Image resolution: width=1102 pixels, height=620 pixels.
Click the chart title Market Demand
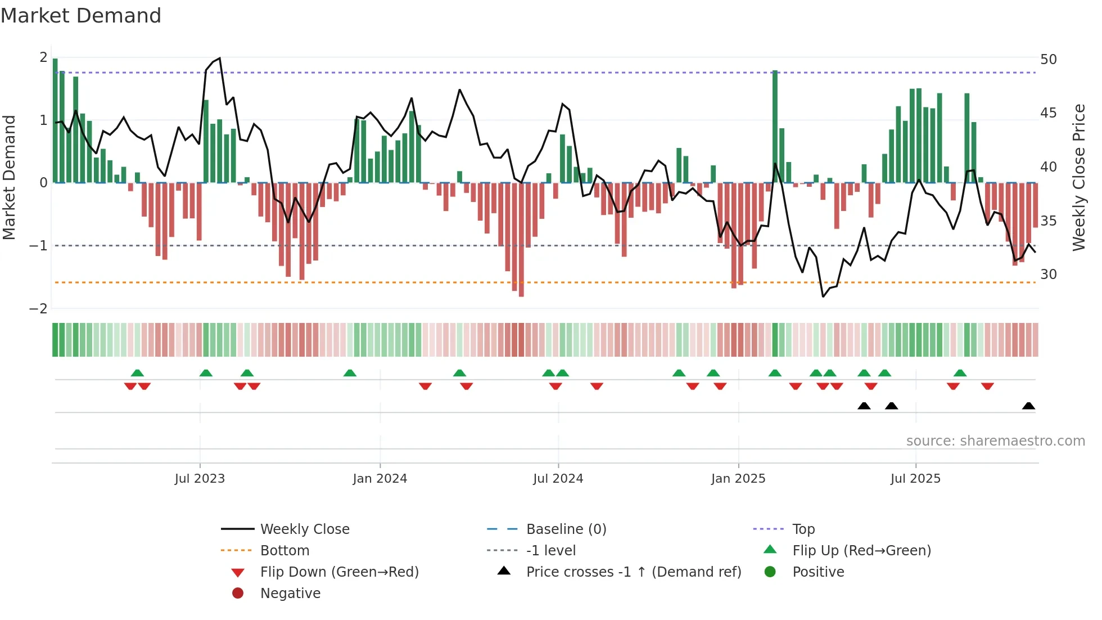81,16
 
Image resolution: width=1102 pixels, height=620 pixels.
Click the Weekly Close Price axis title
1078,177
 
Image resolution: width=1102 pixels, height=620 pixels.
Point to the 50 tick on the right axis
1048,60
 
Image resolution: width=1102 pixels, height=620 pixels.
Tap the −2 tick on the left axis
39,309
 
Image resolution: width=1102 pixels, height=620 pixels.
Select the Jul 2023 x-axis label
200,479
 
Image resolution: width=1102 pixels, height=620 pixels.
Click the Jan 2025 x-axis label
738,479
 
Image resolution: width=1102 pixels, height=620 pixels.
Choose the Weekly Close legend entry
304,529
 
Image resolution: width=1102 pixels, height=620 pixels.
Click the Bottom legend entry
284,551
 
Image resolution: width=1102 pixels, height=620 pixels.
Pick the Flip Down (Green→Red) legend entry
339,572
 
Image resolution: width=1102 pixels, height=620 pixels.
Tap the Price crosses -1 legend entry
633,572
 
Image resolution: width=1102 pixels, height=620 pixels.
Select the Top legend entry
803,529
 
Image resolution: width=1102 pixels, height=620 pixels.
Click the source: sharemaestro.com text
995,441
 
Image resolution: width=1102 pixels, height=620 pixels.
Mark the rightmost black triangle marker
1028,406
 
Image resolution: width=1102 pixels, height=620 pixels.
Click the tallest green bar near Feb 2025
775,127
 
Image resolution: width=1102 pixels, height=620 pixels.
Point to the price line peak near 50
219,59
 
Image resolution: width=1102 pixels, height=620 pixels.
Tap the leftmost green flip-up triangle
137,373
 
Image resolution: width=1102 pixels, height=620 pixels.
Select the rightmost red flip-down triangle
987,386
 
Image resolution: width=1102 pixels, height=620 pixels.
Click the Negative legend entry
290,594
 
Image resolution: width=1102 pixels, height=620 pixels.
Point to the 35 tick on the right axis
1048,221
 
